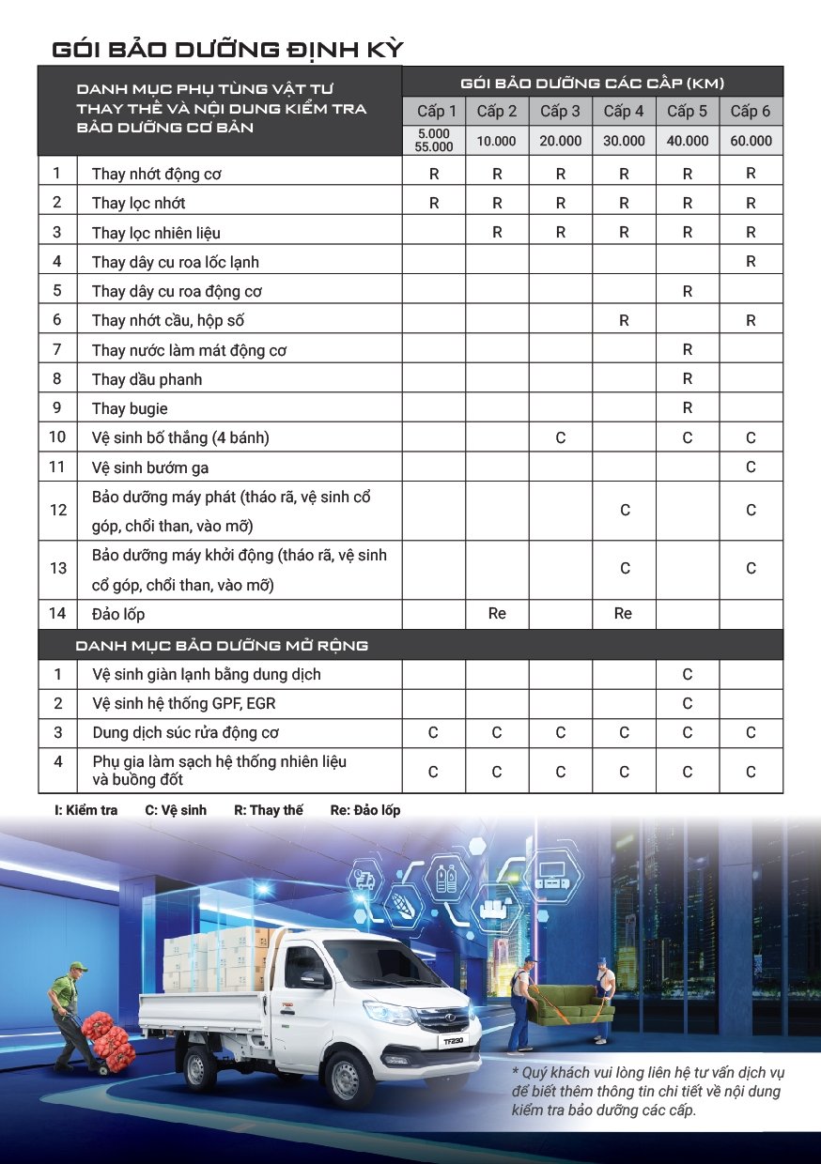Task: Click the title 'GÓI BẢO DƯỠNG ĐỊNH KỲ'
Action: tap(227, 49)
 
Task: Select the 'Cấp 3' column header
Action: tap(560, 112)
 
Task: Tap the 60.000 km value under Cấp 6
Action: tap(751, 141)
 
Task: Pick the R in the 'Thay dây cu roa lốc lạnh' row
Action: tap(751, 262)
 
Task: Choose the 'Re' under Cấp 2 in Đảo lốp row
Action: tap(497, 613)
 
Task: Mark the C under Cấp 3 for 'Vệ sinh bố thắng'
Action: tap(561, 437)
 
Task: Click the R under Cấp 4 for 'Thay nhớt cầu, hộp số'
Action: tap(624, 320)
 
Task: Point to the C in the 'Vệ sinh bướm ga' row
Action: tap(751, 467)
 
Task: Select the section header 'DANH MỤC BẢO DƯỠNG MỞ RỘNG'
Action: tap(222, 646)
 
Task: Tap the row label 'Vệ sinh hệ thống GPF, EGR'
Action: tap(184, 703)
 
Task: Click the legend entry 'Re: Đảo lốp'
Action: tap(365, 810)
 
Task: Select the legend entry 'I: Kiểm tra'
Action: tap(86, 810)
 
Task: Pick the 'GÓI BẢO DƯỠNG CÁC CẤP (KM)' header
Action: tap(592, 83)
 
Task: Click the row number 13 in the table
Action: tap(58, 568)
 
